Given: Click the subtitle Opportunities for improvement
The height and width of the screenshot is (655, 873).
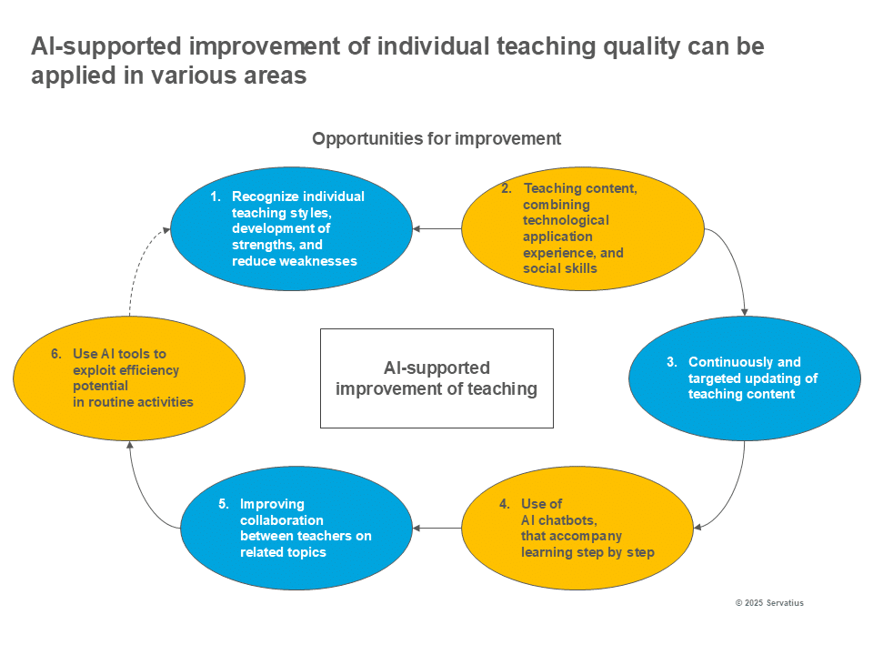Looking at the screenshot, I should coord(436,139).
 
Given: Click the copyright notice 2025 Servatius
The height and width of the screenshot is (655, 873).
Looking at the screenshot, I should coord(768,603).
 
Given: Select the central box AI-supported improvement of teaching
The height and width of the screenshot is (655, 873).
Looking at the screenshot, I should coord(436,378).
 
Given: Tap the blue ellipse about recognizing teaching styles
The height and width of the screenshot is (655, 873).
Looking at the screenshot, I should coord(291,227).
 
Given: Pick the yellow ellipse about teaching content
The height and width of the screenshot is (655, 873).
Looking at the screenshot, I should coord(583,228).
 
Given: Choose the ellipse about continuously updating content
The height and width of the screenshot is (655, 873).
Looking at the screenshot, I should coord(744,378).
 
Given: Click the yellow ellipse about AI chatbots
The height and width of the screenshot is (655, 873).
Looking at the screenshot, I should coord(583,528).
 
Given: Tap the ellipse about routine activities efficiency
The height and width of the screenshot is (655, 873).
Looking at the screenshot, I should coord(129,378).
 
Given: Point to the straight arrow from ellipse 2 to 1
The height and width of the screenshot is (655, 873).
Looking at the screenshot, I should coord(437,228).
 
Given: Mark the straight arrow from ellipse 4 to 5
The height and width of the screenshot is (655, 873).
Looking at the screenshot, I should coord(437,528).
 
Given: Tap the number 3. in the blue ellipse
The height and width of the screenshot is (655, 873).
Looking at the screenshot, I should coord(671,362).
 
